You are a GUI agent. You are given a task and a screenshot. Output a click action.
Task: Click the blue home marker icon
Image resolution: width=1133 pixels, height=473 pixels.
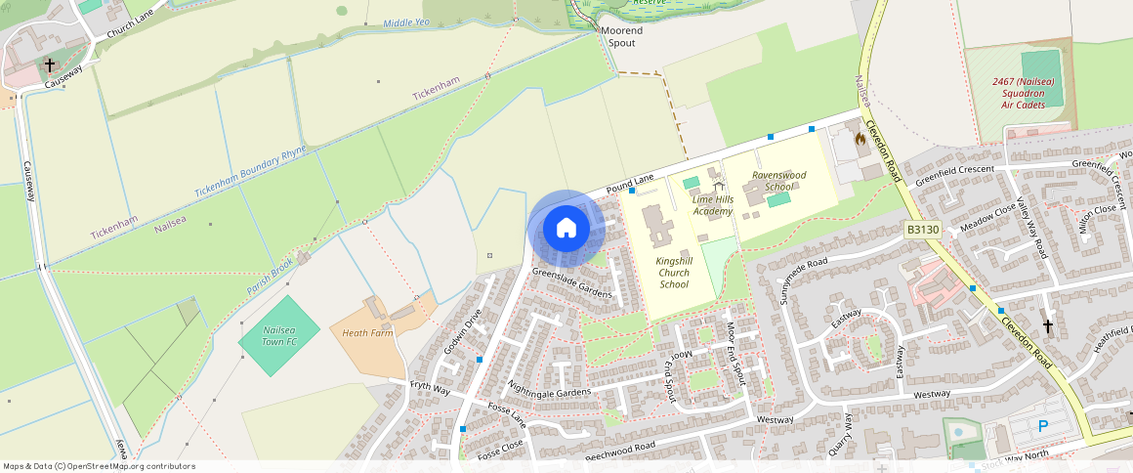click(x=566, y=229)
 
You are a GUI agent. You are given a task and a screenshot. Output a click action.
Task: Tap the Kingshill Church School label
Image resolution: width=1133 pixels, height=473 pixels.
click(x=673, y=273)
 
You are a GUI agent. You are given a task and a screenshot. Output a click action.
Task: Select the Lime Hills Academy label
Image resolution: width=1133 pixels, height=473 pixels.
click(x=712, y=205)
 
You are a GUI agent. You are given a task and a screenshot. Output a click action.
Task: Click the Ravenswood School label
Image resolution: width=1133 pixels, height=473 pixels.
click(x=778, y=181)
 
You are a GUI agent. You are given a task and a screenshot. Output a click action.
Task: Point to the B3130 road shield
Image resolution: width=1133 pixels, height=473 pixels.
click(x=922, y=230)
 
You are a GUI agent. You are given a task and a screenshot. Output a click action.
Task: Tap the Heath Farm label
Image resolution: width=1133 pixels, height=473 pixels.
click(x=367, y=333)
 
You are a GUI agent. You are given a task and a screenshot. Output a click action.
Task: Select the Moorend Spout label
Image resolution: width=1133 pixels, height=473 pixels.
click(x=621, y=37)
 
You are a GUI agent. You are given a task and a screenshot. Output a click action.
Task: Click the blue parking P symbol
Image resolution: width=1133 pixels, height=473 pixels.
click(x=1042, y=426)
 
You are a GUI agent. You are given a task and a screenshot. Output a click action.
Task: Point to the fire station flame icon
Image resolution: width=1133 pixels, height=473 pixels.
click(x=860, y=140)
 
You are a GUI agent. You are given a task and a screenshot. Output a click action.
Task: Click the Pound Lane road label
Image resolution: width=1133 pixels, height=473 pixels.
click(x=629, y=183)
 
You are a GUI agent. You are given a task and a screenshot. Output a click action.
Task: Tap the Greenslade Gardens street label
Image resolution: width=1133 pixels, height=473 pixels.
click(x=571, y=284)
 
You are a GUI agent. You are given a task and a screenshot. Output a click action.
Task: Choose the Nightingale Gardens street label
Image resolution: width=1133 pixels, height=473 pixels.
click(x=549, y=391)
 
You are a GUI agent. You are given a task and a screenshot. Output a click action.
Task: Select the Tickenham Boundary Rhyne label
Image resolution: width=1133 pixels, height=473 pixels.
click(x=250, y=172)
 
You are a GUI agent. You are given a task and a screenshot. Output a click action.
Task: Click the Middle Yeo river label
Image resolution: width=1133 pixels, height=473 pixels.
click(x=405, y=22)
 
